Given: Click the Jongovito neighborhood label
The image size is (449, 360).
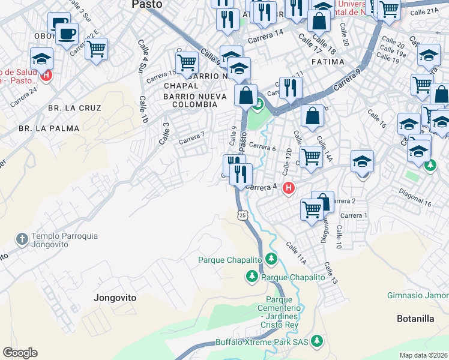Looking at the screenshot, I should (x=115, y=298).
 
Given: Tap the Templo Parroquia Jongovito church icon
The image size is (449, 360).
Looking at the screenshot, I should (x=22, y=239).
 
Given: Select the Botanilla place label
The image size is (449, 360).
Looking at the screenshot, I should (x=415, y=319).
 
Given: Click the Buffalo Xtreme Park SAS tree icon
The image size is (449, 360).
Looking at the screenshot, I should (x=316, y=341).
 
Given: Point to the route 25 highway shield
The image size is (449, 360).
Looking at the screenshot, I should (x=243, y=215).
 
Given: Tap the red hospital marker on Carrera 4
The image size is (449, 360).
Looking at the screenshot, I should (x=289, y=188).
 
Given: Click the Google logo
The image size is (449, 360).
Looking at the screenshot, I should (x=20, y=353).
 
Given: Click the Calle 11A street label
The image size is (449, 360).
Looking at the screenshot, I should (x=297, y=253).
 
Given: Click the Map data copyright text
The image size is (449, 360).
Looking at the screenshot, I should (x=423, y=355).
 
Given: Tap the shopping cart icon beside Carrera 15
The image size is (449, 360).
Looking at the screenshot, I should (x=187, y=61).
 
